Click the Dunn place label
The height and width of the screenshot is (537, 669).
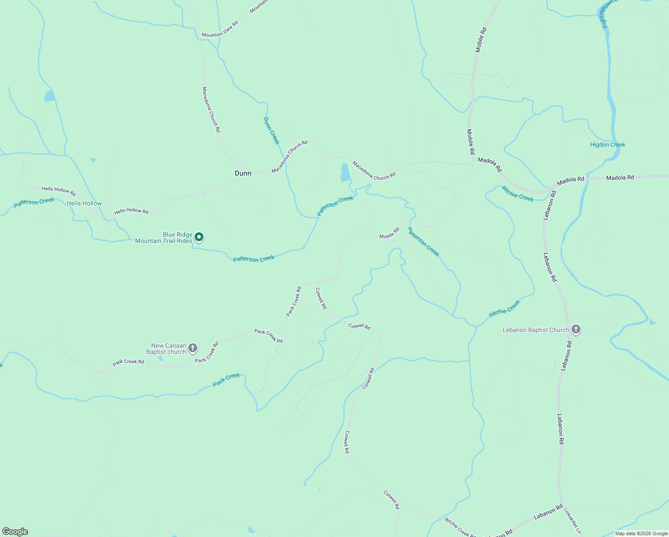coord(243,173)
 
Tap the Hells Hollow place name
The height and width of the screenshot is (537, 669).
coord(84,203)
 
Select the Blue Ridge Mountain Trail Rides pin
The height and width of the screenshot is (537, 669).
coord(199,237)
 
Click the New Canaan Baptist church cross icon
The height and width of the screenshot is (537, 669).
coord(193,348)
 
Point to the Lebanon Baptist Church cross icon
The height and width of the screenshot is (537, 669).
coord(576,330)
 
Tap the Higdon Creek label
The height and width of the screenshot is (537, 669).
coord(608,145)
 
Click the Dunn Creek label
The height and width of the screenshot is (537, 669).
coord(271,131)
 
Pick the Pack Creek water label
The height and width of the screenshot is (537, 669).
coord(226,379)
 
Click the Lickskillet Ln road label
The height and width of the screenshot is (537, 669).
coord(572,520)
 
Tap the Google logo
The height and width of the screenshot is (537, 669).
coord(15,532)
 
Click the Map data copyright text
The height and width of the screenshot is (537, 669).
coord(641,533)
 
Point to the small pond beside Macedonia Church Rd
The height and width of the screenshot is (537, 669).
coord(345,173)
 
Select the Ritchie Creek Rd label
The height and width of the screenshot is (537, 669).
coord(460,527)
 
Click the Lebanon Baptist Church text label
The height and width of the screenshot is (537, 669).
coord(536,330)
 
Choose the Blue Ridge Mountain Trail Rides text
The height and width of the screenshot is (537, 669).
coord(164,238)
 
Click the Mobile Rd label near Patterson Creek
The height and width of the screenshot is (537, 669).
coord(389,233)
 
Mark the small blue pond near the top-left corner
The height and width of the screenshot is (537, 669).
coord(49,96)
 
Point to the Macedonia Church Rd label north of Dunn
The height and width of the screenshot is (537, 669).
coord(212,110)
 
